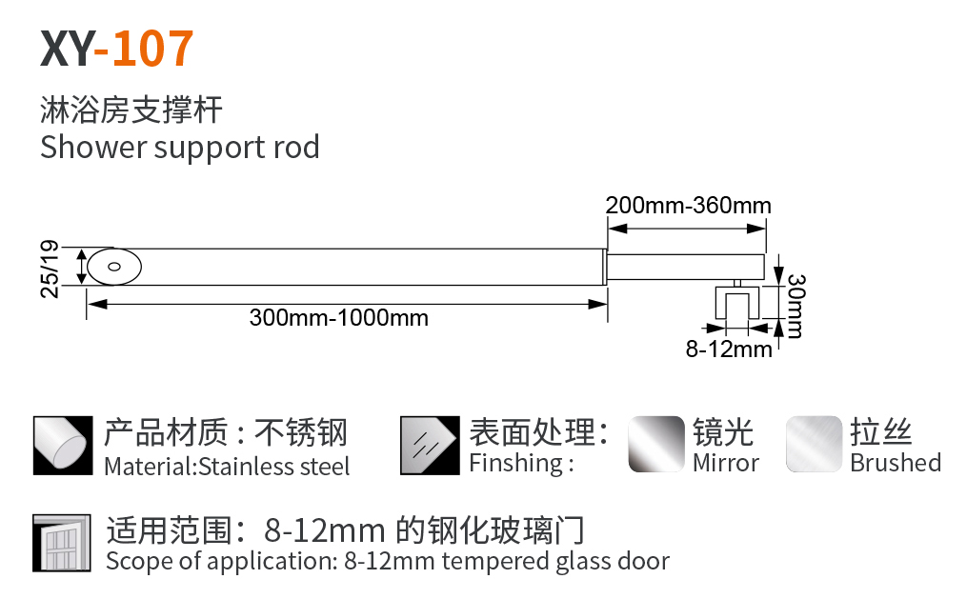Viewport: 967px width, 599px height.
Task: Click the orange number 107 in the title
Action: [152, 49]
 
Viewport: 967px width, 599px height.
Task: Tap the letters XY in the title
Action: [67, 49]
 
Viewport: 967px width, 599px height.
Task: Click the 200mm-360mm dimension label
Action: [688, 205]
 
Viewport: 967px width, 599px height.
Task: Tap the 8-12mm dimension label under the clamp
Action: [729, 349]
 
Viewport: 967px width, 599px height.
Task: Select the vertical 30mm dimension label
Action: [795, 306]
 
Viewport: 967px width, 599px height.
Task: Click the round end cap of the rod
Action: [114, 267]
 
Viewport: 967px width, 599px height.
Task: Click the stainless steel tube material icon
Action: [62, 445]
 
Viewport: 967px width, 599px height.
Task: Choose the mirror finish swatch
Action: [656, 445]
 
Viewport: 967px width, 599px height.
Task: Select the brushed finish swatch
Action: [814, 445]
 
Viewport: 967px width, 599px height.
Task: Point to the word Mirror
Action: [726, 464]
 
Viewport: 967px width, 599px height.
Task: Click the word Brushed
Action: [896, 464]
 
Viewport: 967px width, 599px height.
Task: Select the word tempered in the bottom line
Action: [494, 562]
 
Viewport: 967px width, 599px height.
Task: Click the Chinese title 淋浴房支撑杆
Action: [131, 110]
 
